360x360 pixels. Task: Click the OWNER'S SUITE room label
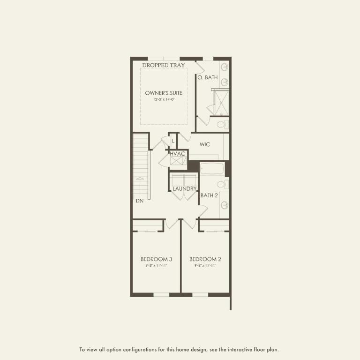coord(164,93)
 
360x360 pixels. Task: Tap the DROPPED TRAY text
coord(163,65)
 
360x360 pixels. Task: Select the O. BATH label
coord(207,77)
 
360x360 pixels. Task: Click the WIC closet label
coord(205,144)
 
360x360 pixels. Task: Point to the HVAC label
coord(178,154)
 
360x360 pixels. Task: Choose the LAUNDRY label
coord(184,189)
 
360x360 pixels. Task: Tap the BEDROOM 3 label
coord(157,259)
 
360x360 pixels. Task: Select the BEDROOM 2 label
coord(205,259)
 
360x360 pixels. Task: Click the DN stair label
coord(140,201)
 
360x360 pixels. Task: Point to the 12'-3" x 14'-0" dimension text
coord(164,99)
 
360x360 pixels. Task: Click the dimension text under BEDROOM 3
coord(157,266)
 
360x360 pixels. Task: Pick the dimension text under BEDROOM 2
coord(205,266)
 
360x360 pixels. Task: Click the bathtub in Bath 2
coord(213,169)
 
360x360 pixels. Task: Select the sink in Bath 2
coord(224,204)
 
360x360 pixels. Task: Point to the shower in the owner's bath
coord(220,103)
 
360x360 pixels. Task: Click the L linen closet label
coord(173,141)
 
